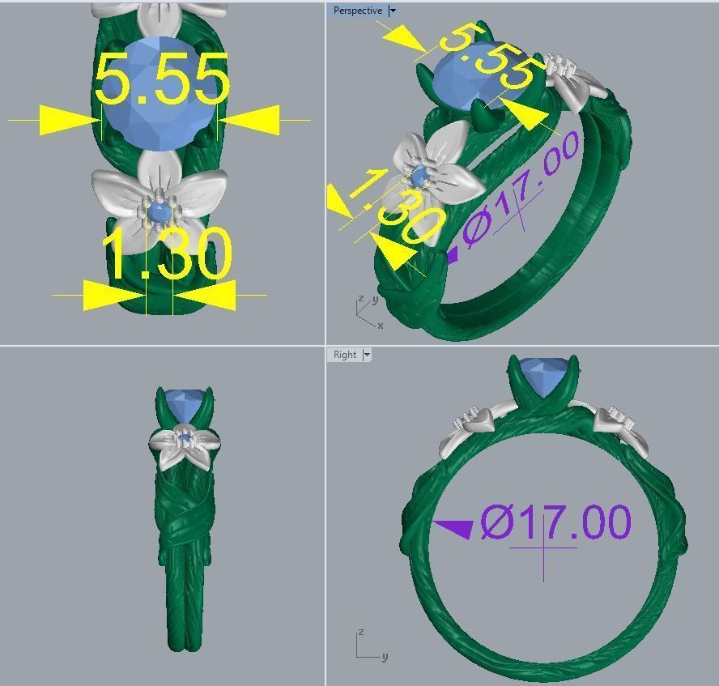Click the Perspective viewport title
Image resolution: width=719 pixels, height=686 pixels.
(x=357, y=11)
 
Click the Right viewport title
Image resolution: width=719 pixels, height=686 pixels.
(x=344, y=355)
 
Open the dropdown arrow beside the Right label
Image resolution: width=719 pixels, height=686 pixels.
(x=367, y=355)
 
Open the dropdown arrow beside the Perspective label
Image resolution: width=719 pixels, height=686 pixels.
(x=393, y=11)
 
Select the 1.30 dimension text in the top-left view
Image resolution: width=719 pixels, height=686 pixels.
(x=168, y=254)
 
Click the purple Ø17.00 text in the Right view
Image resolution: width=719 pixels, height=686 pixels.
(x=555, y=522)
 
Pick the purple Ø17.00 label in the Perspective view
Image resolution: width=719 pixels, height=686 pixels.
(x=522, y=191)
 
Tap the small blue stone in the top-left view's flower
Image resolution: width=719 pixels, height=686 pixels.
(x=159, y=211)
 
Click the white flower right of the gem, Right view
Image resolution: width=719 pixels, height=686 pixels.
(x=623, y=429)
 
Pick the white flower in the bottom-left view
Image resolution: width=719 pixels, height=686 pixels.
(x=184, y=445)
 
